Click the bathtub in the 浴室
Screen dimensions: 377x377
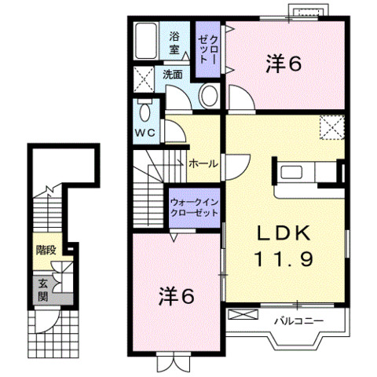pyautogui.click(x=146, y=41)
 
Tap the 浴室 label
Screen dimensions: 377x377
pyautogui.click(x=174, y=42)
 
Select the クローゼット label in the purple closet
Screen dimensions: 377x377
pyautogui.click(x=208, y=49)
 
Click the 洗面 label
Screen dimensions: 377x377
pyautogui.click(x=173, y=75)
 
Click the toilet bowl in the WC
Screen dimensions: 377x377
pyautogui.click(x=145, y=112)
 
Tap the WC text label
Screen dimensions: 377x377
pyautogui.click(x=145, y=133)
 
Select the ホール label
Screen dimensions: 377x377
pyautogui.click(x=203, y=164)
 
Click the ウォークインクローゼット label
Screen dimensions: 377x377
pyautogui.click(x=194, y=207)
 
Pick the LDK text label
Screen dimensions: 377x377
pyautogui.click(x=284, y=232)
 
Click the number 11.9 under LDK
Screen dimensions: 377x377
pyautogui.click(x=284, y=258)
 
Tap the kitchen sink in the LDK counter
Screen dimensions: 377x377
pyautogui.click(x=291, y=173)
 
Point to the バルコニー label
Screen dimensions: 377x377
pyautogui.click(x=298, y=320)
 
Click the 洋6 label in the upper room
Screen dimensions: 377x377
pyautogui.click(x=284, y=64)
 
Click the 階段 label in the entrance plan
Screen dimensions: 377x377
pyautogui.click(x=46, y=250)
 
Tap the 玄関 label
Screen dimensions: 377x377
pyautogui.click(x=42, y=290)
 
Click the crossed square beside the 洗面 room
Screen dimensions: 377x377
pyautogui.click(x=144, y=79)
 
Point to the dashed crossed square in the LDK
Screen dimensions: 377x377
pyautogui.click(x=331, y=127)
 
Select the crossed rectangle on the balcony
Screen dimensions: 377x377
pyautogui.click(x=243, y=314)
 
